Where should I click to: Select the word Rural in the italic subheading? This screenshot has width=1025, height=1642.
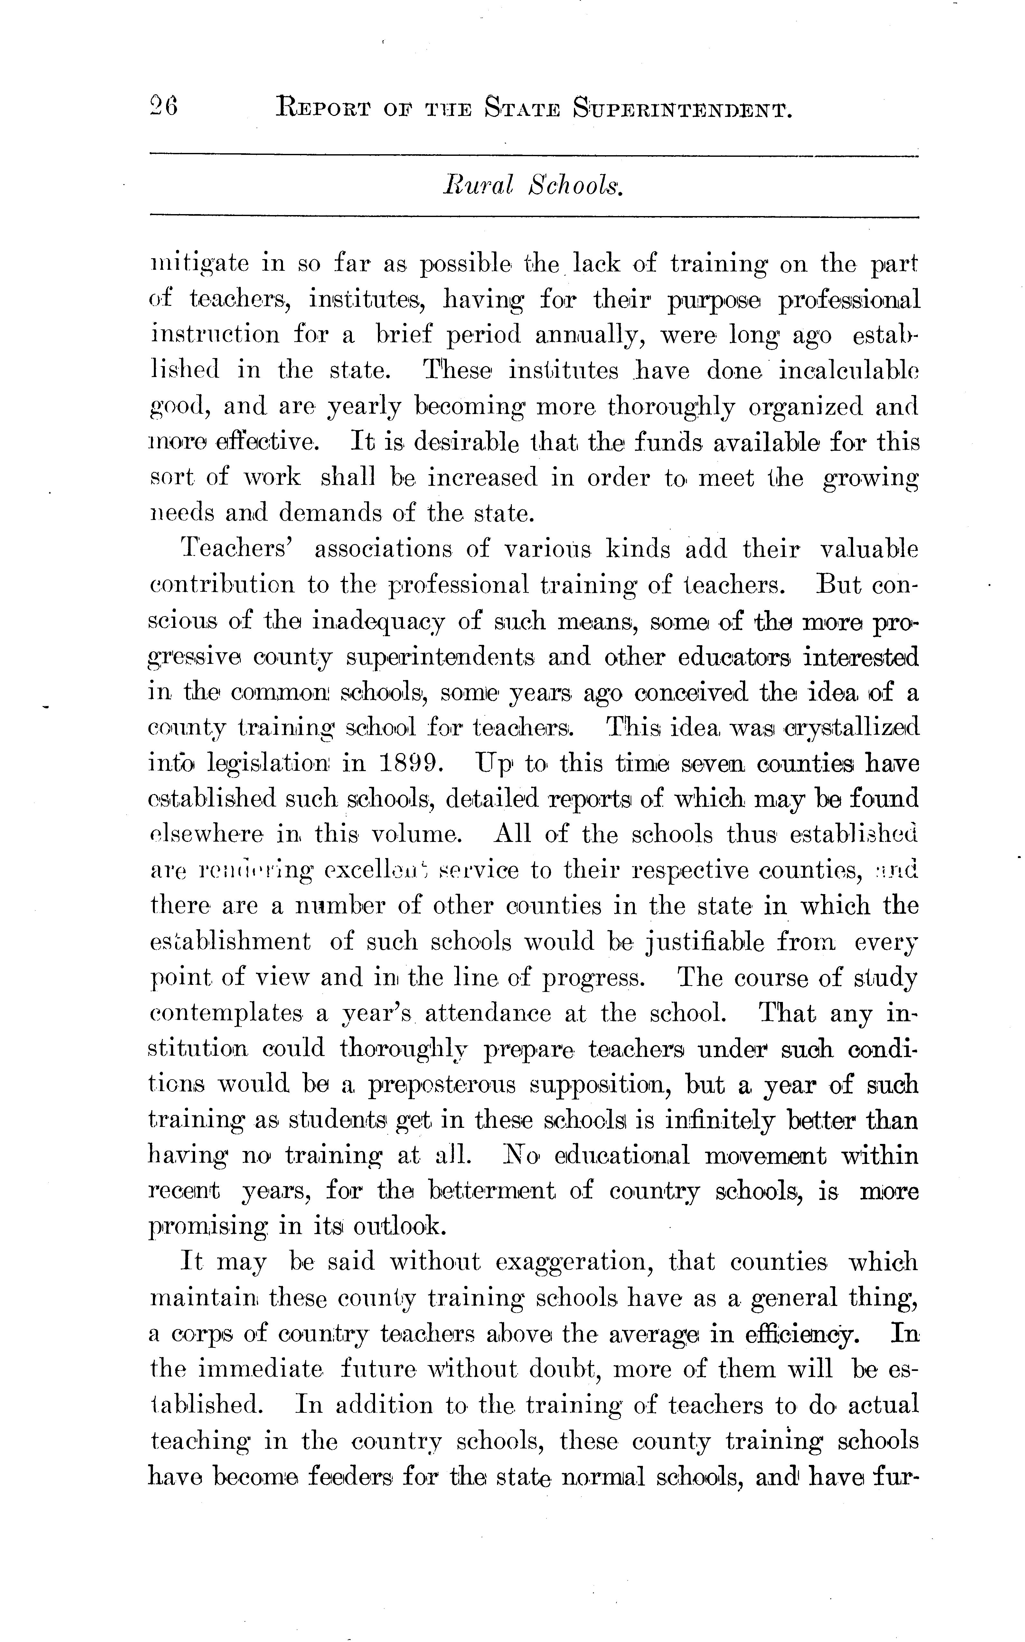tap(479, 184)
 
